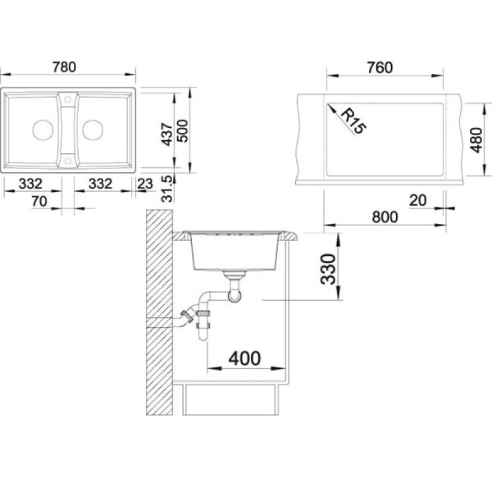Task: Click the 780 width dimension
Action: coord(65,67)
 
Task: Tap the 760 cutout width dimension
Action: coord(380,68)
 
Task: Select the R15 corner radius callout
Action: coord(353,121)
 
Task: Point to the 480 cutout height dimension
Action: coord(477,140)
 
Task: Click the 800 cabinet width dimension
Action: coord(385,217)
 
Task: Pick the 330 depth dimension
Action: coord(328,269)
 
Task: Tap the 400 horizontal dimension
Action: coord(244,359)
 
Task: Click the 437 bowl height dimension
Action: coord(167,135)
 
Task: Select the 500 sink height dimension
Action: coord(183,131)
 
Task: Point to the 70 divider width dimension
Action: coord(39,202)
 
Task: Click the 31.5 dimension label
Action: coord(167,189)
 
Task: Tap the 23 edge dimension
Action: coord(145,184)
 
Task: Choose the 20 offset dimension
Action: coord(418,200)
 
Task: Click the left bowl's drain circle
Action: coord(42,130)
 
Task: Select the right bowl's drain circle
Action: coord(93,130)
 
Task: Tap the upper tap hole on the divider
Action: coord(68,100)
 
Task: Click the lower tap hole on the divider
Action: coord(68,161)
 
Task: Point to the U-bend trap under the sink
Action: coord(235,296)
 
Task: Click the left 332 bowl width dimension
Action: coord(30,184)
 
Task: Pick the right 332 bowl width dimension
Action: coord(100,184)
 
